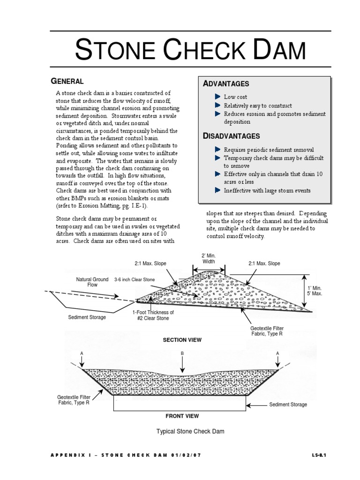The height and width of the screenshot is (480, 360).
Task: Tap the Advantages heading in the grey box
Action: (x=226, y=83)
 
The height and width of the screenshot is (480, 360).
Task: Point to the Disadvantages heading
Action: (x=232, y=136)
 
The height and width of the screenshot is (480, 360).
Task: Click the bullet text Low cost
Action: (x=235, y=97)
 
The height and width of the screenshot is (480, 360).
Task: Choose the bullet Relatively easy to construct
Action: (x=257, y=105)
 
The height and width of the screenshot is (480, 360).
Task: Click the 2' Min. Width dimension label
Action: (x=209, y=258)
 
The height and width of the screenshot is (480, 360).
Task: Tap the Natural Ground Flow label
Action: (x=92, y=282)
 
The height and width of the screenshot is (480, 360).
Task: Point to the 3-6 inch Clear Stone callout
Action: (x=134, y=279)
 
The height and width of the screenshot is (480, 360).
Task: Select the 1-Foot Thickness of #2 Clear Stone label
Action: (x=153, y=315)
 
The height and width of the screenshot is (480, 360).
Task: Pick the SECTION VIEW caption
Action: (x=182, y=340)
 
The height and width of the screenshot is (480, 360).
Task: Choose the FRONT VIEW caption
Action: (x=182, y=416)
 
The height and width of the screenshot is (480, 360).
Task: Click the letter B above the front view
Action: (x=182, y=353)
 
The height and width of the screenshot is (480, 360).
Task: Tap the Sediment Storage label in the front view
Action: (x=288, y=405)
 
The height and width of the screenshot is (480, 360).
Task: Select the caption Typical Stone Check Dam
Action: (x=187, y=431)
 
